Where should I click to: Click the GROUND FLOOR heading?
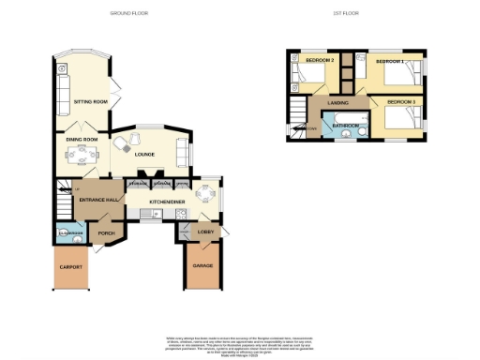128,14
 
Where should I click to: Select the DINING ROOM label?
81,140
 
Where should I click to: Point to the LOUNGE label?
143,155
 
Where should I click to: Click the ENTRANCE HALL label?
97,200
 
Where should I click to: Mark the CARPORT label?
72,267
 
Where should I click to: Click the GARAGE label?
203,266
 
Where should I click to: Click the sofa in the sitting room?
62,90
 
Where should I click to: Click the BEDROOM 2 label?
321,61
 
